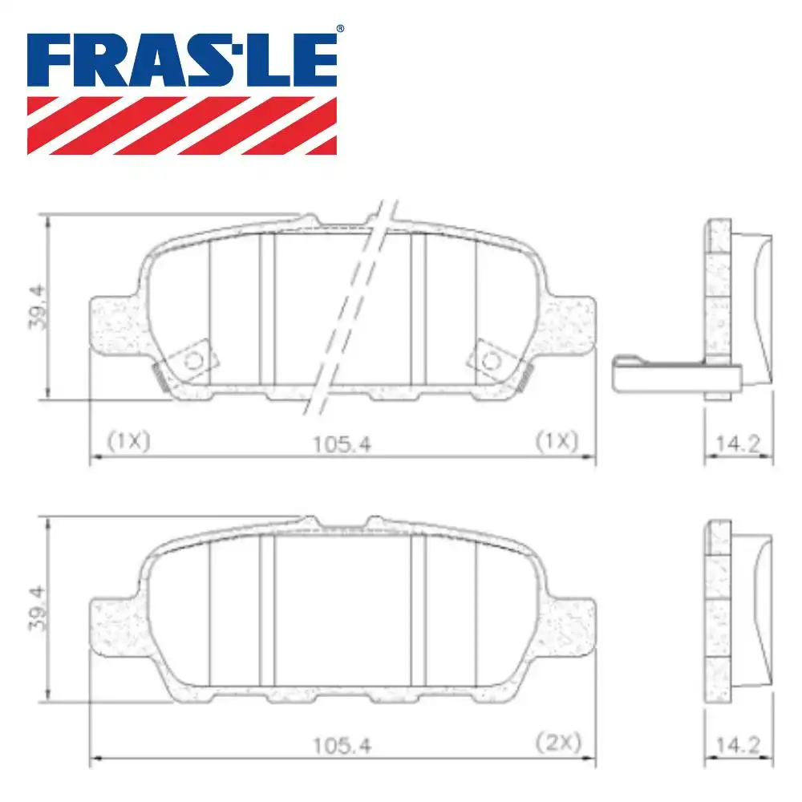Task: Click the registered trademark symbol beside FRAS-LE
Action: [340, 30]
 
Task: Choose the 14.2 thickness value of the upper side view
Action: [739, 444]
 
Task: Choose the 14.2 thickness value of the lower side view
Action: [739, 745]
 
